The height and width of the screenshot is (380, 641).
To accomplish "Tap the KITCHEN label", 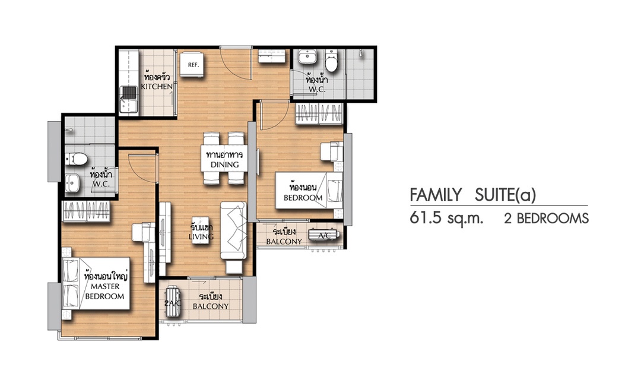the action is pyautogui.click(x=157, y=87).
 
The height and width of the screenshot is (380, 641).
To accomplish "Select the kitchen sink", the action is pyautogui.click(x=128, y=99).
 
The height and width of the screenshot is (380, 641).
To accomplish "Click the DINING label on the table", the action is pyautogui.click(x=224, y=164).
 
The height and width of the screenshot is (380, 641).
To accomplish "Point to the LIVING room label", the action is pyautogui.click(x=201, y=236).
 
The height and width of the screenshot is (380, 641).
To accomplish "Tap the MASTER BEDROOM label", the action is pyautogui.click(x=104, y=292).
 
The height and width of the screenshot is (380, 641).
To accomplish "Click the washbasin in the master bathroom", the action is pyautogui.click(x=72, y=182).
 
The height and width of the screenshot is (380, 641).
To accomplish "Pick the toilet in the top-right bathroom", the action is pyautogui.click(x=331, y=61).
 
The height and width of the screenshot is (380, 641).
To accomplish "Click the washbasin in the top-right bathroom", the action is pyautogui.click(x=308, y=56).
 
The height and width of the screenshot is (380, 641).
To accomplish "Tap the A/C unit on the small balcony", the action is pyautogui.click(x=324, y=235).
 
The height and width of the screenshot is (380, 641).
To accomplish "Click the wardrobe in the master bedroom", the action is pyautogui.click(x=86, y=211).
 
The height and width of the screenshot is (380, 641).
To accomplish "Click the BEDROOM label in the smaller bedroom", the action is pyautogui.click(x=303, y=198).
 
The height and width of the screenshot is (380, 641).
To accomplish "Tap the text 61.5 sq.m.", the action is pyautogui.click(x=446, y=218).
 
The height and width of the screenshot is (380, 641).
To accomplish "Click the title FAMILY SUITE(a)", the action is pyautogui.click(x=472, y=195).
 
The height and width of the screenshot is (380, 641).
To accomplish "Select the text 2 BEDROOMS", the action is pyautogui.click(x=547, y=219).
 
